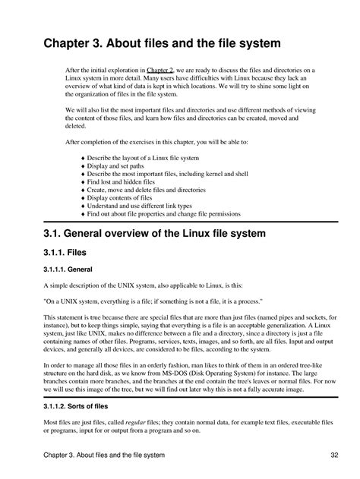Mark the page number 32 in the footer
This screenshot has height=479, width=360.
point(333,455)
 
